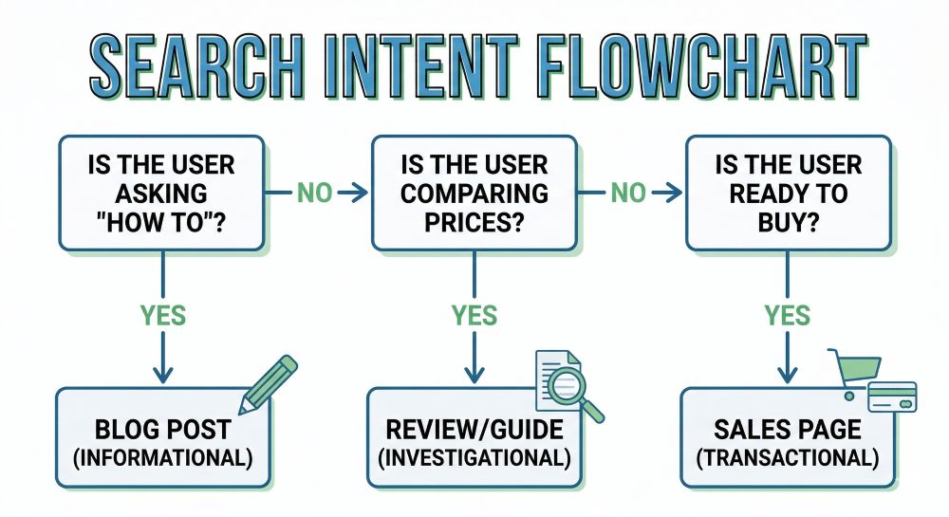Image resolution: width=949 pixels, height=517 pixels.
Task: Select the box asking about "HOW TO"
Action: pyautogui.click(x=161, y=193)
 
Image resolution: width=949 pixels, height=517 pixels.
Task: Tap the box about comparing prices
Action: pyautogui.click(x=474, y=193)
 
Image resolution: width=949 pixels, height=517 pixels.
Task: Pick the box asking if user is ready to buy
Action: pyautogui.click(x=788, y=193)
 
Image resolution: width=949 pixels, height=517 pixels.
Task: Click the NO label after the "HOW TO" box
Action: pyautogui.click(x=315, y=194)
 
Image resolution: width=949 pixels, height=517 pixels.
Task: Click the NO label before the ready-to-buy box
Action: pyautogui.click(x=627, y=194)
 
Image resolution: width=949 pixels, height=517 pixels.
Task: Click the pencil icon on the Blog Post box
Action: pyautogui.click(x=268, y=384)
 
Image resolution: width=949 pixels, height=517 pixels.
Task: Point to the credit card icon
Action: pyautogui.click(x=892, y=397)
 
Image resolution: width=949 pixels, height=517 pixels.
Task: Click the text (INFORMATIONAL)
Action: pyautogui.click(x=162, y=457)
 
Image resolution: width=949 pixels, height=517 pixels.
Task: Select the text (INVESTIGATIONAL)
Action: pyautogui.click(x=474, y=457)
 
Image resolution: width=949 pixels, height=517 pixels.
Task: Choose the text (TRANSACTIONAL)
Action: pyautogui.click(x=788, y=457)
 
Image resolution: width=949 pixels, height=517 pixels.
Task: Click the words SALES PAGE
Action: pyautogui.click(x=788, y=429)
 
